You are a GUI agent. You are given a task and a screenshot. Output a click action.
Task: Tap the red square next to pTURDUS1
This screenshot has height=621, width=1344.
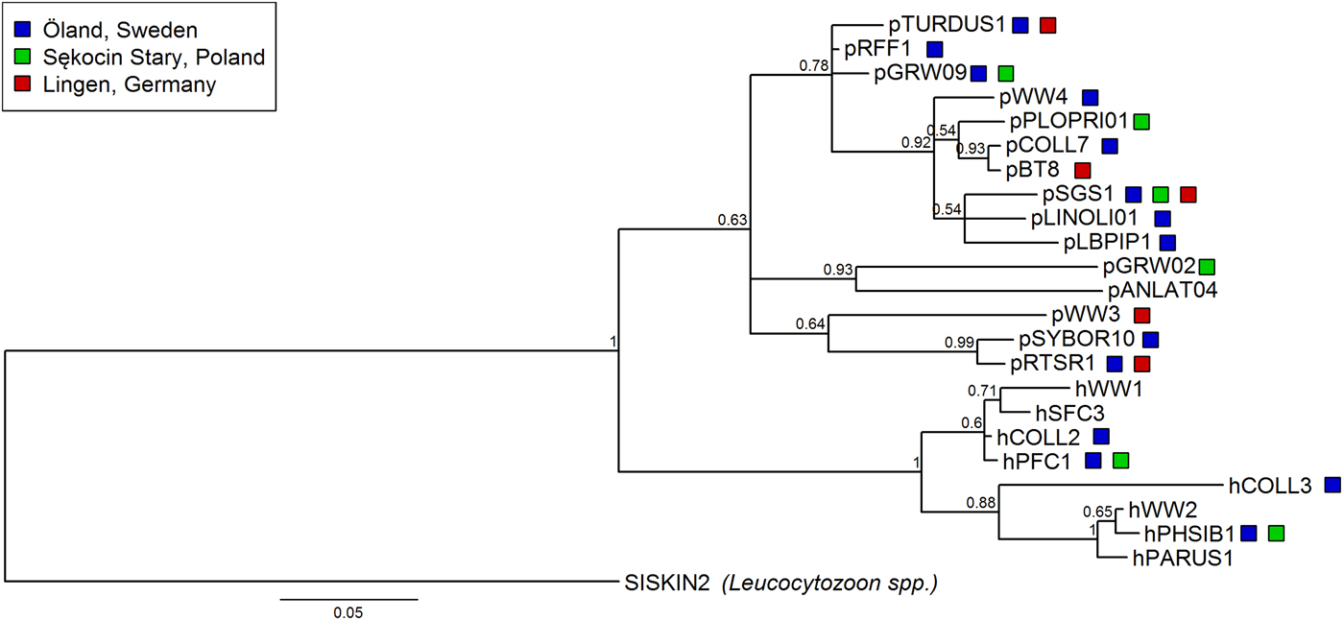pos(1048,25)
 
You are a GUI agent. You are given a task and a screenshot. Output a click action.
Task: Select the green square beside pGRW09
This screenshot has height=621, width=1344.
pos(1005,73)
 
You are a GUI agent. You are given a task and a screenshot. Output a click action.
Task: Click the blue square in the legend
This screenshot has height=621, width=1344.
pos(23,31)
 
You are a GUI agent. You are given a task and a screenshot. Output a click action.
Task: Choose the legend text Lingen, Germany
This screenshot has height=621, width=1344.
pos(130,84)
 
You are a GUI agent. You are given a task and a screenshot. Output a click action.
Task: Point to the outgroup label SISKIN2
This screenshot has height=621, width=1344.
pos(665,582)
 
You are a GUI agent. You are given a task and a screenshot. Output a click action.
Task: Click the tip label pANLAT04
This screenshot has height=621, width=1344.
pos(1162,290)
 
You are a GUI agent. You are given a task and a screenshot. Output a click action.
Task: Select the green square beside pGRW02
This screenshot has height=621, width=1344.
pos(1207,266)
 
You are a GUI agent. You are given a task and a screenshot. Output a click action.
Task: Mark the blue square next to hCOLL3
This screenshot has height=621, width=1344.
pos(1332,485)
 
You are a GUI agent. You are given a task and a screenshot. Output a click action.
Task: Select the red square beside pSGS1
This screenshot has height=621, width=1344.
pos(1188,194)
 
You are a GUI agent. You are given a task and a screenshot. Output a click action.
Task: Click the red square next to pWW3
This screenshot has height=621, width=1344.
pos(1141,315)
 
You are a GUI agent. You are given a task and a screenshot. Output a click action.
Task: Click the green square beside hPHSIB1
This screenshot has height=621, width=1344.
pos(1276,533)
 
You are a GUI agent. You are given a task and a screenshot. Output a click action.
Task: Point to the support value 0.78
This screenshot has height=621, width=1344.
pos(814,65)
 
